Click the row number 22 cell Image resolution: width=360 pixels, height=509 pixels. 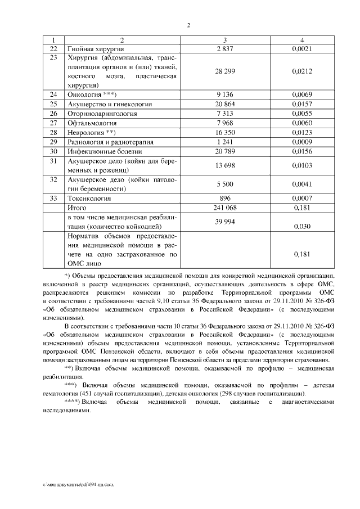[x=54, y=49]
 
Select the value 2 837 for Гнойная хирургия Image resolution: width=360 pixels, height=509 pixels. [x=224, y=49]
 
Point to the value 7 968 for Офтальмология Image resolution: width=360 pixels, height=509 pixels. [x=224, y=123]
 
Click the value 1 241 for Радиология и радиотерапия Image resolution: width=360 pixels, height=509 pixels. [x=224, y=142]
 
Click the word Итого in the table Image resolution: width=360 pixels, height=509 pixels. [x=77, y=208]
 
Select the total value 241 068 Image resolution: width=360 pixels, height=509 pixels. [x=224, y=208]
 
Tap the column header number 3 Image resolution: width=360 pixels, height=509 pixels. [x=224, y=40]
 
